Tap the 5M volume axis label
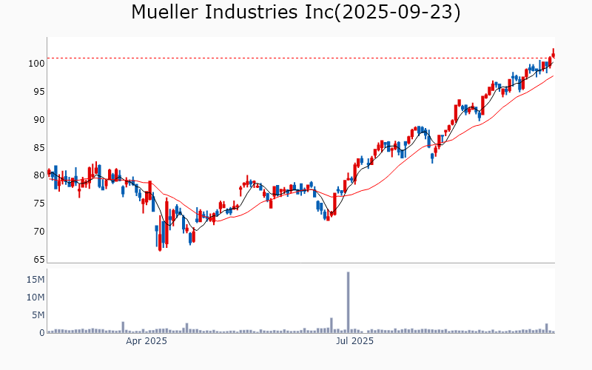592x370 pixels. coord(38,315)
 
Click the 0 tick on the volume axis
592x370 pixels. coord(41,333)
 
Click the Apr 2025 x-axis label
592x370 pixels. coord(146,341)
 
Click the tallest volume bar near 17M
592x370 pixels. coord(348,302)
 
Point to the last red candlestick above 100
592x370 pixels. coord(554,53)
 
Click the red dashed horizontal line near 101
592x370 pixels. coord(296,58)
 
